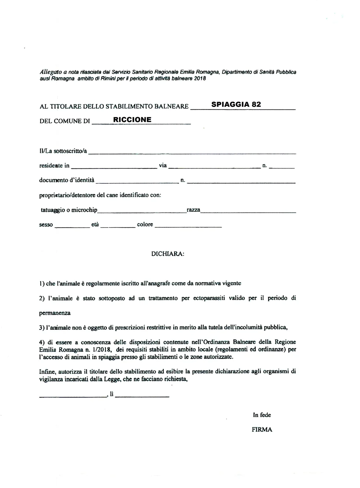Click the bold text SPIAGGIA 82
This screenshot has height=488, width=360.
tap(236, 104)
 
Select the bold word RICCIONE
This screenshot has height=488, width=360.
tap(132, 120)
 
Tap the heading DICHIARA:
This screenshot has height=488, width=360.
tap(168, 254)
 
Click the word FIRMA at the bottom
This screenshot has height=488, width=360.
tap(262, 430)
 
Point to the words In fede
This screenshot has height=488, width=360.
tap(262, 415)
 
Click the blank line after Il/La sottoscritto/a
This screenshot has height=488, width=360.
tap(192, 152)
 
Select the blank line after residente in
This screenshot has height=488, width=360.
tap(114, 167)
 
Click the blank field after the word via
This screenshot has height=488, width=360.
tap(214, 167)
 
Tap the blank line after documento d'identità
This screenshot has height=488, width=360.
tap(137, 182)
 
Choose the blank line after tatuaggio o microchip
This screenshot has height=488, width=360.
tap(142, 211)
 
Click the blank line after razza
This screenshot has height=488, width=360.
tap(248, 211)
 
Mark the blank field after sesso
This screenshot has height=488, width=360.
tap(72, 226)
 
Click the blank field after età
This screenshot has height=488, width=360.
tap(118, 226)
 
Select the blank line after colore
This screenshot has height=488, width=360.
tap(188, 226)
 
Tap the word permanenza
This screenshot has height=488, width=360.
tap(55, 313)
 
